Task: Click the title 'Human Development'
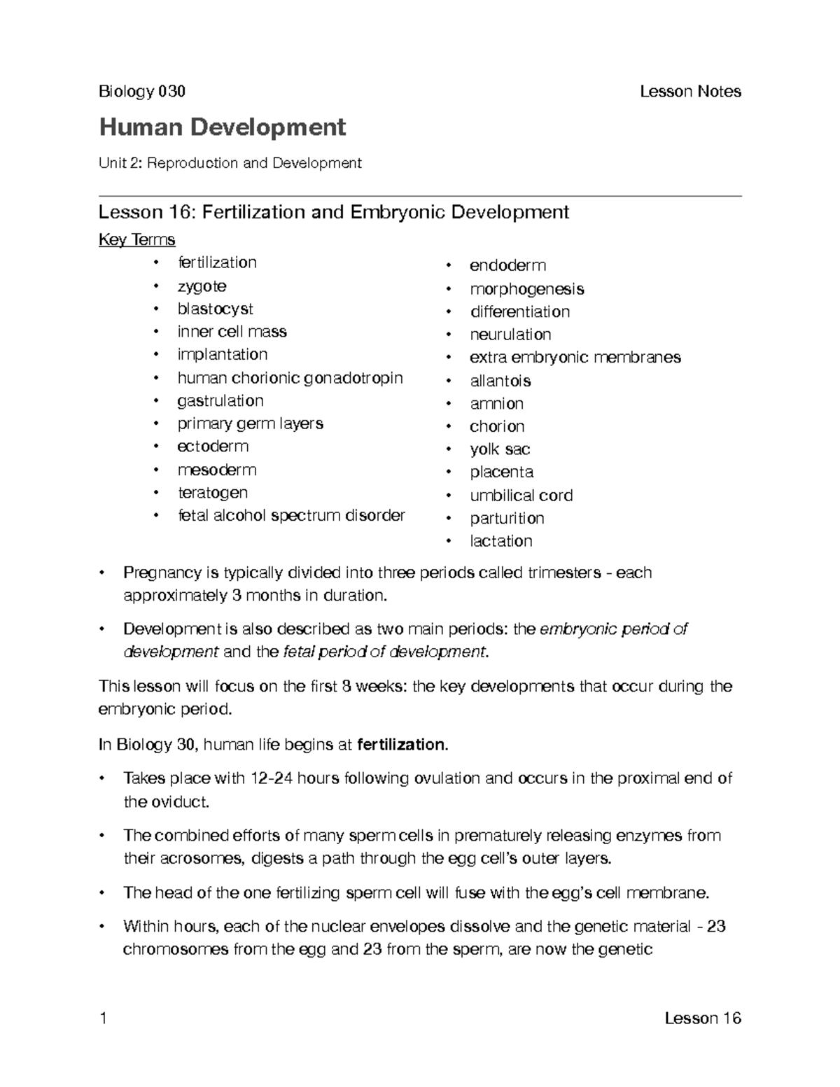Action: tap(222, 127)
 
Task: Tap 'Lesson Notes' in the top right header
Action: tap(690, 92)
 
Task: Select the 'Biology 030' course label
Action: tap(142, 92)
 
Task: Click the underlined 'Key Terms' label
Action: tap(136, 240)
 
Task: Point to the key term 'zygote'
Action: tap(202, 286)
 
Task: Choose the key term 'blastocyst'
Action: tap(215, 309)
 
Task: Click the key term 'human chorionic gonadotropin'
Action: tap(290, 378)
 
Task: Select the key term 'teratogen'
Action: tap(212, 493)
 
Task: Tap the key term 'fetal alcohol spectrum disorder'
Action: tap(291, 516)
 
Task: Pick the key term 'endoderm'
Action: tap(507, 265)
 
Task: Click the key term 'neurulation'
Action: tap(510, 335)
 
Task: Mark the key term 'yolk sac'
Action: tap(500, 449)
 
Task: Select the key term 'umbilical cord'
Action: tap(521, 496)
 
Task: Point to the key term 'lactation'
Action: tap(500, 541)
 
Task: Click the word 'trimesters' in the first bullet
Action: tap(566, 573)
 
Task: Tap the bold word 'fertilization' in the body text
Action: tap(401, 745)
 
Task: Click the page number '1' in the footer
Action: tap(103, 1018)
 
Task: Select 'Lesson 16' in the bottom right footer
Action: tap(702, 1018)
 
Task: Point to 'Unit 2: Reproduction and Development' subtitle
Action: tap(230, 163)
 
